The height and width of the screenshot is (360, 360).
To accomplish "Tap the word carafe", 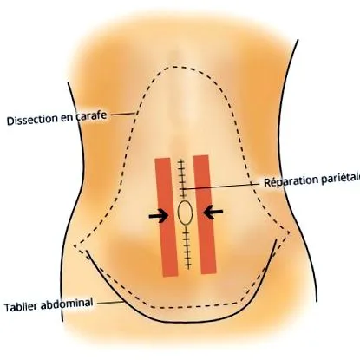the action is coord(91,115).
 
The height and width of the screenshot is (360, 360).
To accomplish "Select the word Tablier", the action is coord(21,306).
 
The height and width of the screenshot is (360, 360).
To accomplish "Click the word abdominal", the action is coord(67,304).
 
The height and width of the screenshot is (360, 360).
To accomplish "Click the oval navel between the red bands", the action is coord(185,213).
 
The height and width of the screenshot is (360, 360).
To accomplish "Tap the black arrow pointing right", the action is coord(159,216).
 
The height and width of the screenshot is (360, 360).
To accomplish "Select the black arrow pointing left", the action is coord(213,213).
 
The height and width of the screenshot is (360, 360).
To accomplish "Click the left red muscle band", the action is coord(167,217).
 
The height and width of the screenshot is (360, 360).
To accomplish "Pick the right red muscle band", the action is coord(205,214).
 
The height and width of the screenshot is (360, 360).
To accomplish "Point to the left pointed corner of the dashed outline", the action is coord(75,246).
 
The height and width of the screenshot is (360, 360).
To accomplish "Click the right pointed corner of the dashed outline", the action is coord(290,232).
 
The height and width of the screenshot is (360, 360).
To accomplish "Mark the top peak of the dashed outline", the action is coord(173,67).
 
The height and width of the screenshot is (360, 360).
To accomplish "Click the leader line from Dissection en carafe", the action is coord(122,115).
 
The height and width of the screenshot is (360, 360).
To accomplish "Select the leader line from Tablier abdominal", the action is coord(111,303).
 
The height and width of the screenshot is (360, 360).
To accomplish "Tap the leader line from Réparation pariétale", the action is coord(217,187).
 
